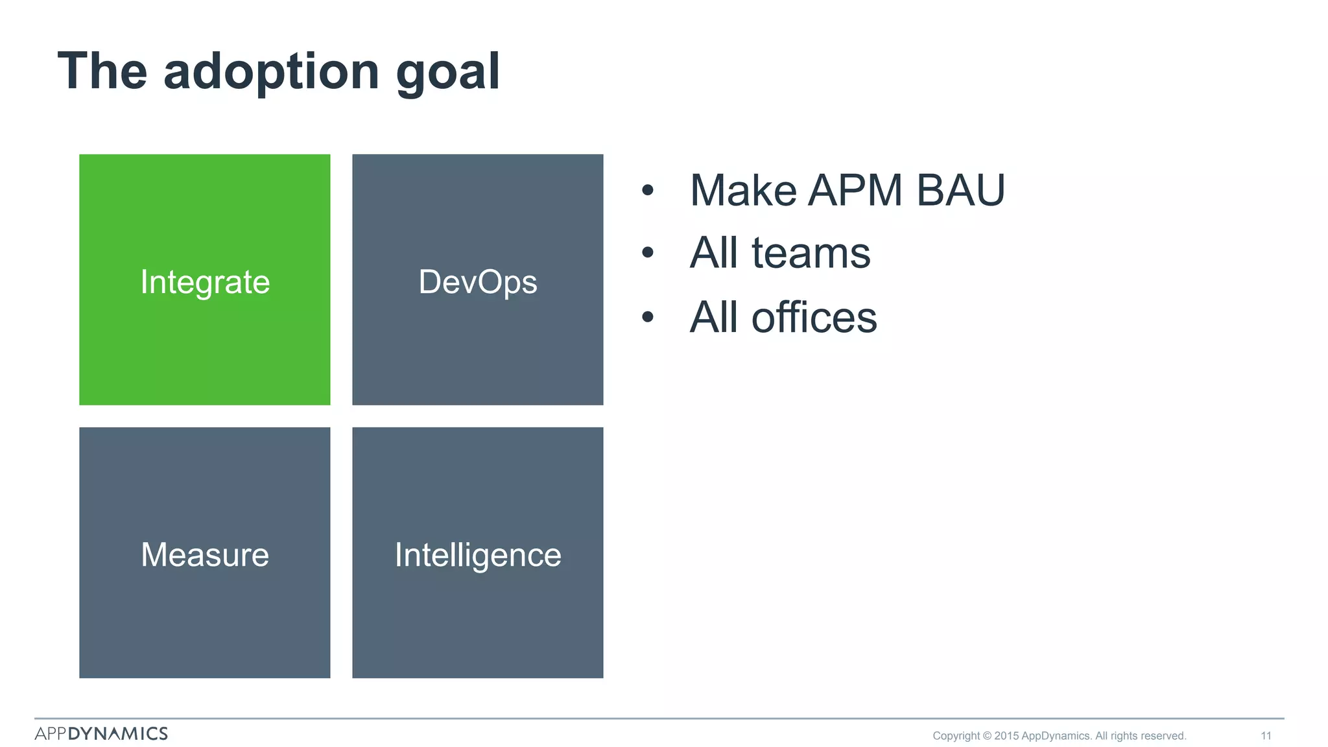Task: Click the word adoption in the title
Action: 271,73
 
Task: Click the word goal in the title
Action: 447,73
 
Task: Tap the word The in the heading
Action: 102,71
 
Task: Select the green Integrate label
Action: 205,282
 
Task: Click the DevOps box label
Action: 478,282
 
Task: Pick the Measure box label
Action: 205,555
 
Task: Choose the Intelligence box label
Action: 478,555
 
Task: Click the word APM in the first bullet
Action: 855,191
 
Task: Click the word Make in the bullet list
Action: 743,191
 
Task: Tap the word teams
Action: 811,253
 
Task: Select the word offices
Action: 814,318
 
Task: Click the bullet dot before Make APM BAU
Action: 647,191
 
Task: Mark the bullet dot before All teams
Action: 647,253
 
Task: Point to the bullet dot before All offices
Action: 647,317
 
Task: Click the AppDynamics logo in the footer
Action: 101,733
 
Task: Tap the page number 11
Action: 1266,736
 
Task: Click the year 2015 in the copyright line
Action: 1006,736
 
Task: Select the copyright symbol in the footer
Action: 987,736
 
